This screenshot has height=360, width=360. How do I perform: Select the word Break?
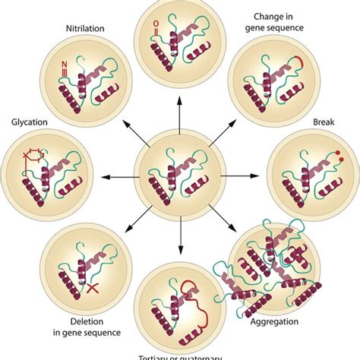325,122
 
